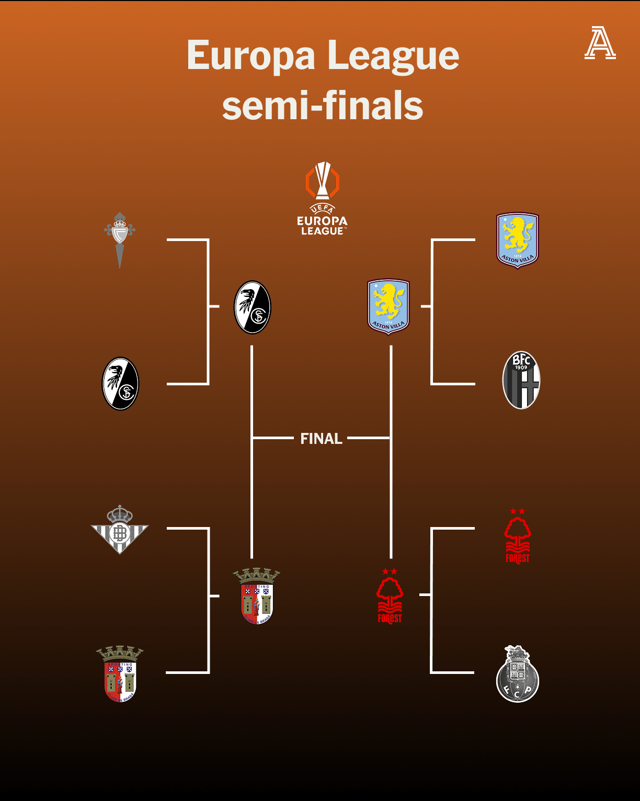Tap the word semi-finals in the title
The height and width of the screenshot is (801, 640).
pyautogui.click(x=323, y=105)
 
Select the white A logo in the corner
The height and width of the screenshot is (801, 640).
pyautogui.click(x=600, y=43)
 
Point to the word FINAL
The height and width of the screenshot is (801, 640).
pyautogui.click(x=321, y=439)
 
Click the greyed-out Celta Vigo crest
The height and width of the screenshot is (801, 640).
pyautogui.click(x=120, y=240)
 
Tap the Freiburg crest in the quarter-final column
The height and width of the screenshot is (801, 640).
pyautogui.click(x=120, y=384)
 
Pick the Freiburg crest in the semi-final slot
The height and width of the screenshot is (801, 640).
pyautogui.click(x=252, y=307)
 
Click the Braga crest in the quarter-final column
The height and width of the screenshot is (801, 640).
pyautogui.click(x=120, y=674)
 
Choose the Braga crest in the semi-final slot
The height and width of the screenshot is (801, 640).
pyautogui.click(x=256, y=596)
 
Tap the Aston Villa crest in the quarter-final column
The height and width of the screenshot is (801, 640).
pyautogui.click(x=517, y=240)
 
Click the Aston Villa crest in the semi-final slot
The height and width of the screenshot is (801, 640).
pyautogui.click(x=388, y=306)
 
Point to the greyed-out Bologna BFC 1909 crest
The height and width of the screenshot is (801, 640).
pyautogui.click(x=521, y=380)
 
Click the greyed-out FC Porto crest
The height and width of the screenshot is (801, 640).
pyautogui.click(x=517, y=674)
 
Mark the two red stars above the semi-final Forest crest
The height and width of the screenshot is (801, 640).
pyautogui.click(x=390, y=571)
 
